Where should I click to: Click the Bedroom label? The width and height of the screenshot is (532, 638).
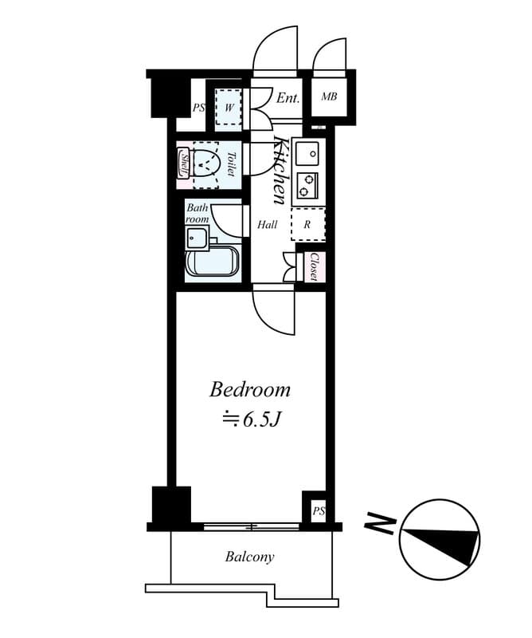[x=249, y=390]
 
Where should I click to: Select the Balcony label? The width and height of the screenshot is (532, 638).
[x=249, y=557]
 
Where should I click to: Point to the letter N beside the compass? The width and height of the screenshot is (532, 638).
[x=381, y=523]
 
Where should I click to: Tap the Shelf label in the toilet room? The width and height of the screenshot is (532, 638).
[x=182, y=164]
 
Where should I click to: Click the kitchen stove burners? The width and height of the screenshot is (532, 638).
[x=307, y=185]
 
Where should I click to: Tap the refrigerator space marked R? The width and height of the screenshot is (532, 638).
[x=307, y=224]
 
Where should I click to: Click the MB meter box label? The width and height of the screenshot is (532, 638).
[x=328, y=97]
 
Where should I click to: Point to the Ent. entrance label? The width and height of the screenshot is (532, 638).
[x=288, y=98]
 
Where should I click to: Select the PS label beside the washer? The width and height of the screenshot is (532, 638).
[x=198, y=108]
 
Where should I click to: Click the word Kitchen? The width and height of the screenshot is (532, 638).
[x=280, y=171]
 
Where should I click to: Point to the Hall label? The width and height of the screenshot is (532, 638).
[x=267, y=225]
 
